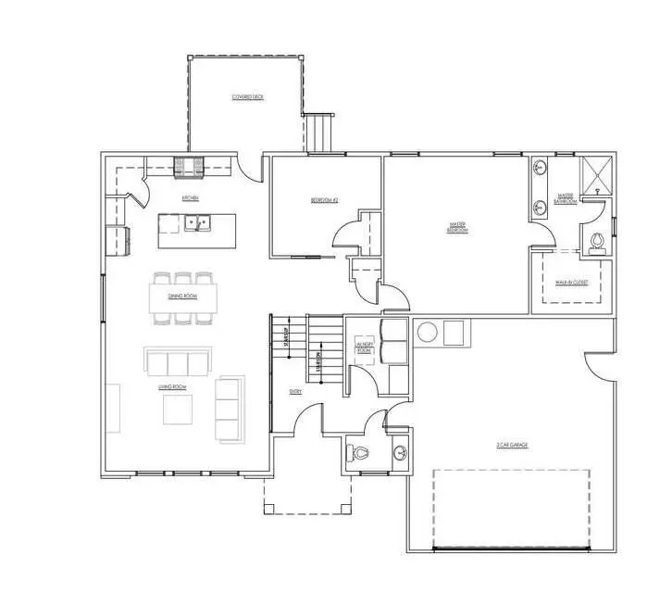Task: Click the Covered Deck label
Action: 247,97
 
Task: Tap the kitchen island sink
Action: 197,222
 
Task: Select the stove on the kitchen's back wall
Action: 192,167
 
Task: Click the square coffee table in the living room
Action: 179,410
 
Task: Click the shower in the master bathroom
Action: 597,175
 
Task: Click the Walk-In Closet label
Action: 572,282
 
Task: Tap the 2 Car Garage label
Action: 511,446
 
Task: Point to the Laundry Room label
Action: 363,348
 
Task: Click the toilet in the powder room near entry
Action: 361,453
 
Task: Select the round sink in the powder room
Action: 398,453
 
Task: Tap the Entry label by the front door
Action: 295,392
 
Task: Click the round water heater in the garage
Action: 428,332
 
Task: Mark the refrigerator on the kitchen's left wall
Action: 116,240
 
